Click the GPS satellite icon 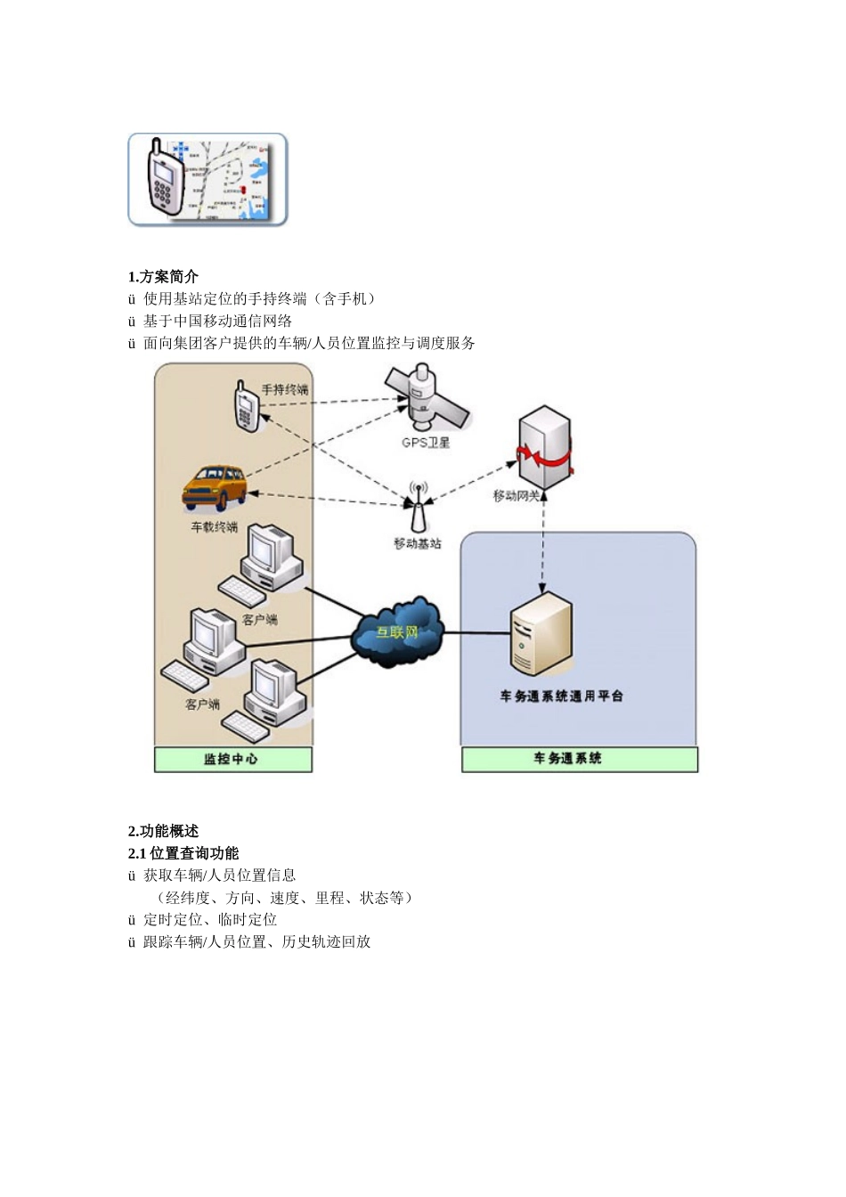pyautogui.click(x=426, y=399)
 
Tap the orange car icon pyautogui.click(x=215, y=486)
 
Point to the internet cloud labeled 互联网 pyautogui.click(x=397, y=631)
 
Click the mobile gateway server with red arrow pyautogui.click(x=544, y=449)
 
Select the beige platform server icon pyautogui.click(x=540, y=634)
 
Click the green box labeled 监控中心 pyautogui.click(x=233, y=759)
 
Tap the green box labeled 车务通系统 pyautogui.click(x=579, y=759)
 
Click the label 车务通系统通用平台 pyautogui.click(x=561, y=696)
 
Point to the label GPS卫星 pyautogui.click(x=426, y=443)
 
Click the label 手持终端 pyautogui.click(x=285, y=389)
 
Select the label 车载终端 pyautogui.click(x=215, y=527)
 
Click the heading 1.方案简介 pyautogui.click(x=163, y=276)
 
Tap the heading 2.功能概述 pyautogui.click(x=163, y=831)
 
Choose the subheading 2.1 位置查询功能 pyautogui.click(x=183, y=853)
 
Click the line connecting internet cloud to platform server pyautogui.click(x=476, y=633)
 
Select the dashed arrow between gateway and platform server pyautogui.click(x=543, y=548)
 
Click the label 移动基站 pyautogui.click(x=418, y=543)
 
